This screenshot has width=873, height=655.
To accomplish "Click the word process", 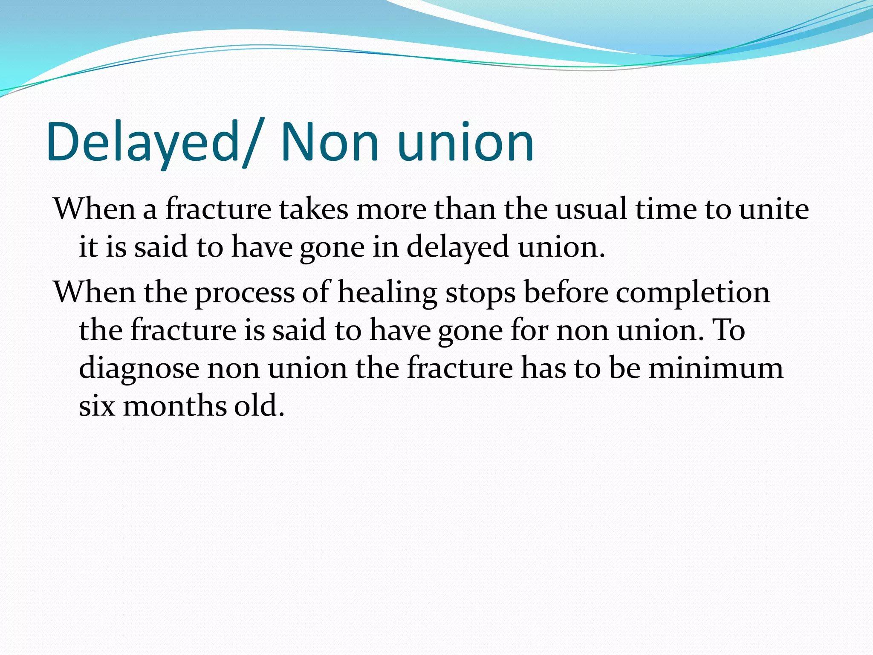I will [245, 293].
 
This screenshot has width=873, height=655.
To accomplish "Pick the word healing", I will [387, 293].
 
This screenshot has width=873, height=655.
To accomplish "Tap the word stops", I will [480, 293].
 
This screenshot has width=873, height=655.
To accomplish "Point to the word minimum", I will [716, 368].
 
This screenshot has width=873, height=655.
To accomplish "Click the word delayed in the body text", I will [458, 247].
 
